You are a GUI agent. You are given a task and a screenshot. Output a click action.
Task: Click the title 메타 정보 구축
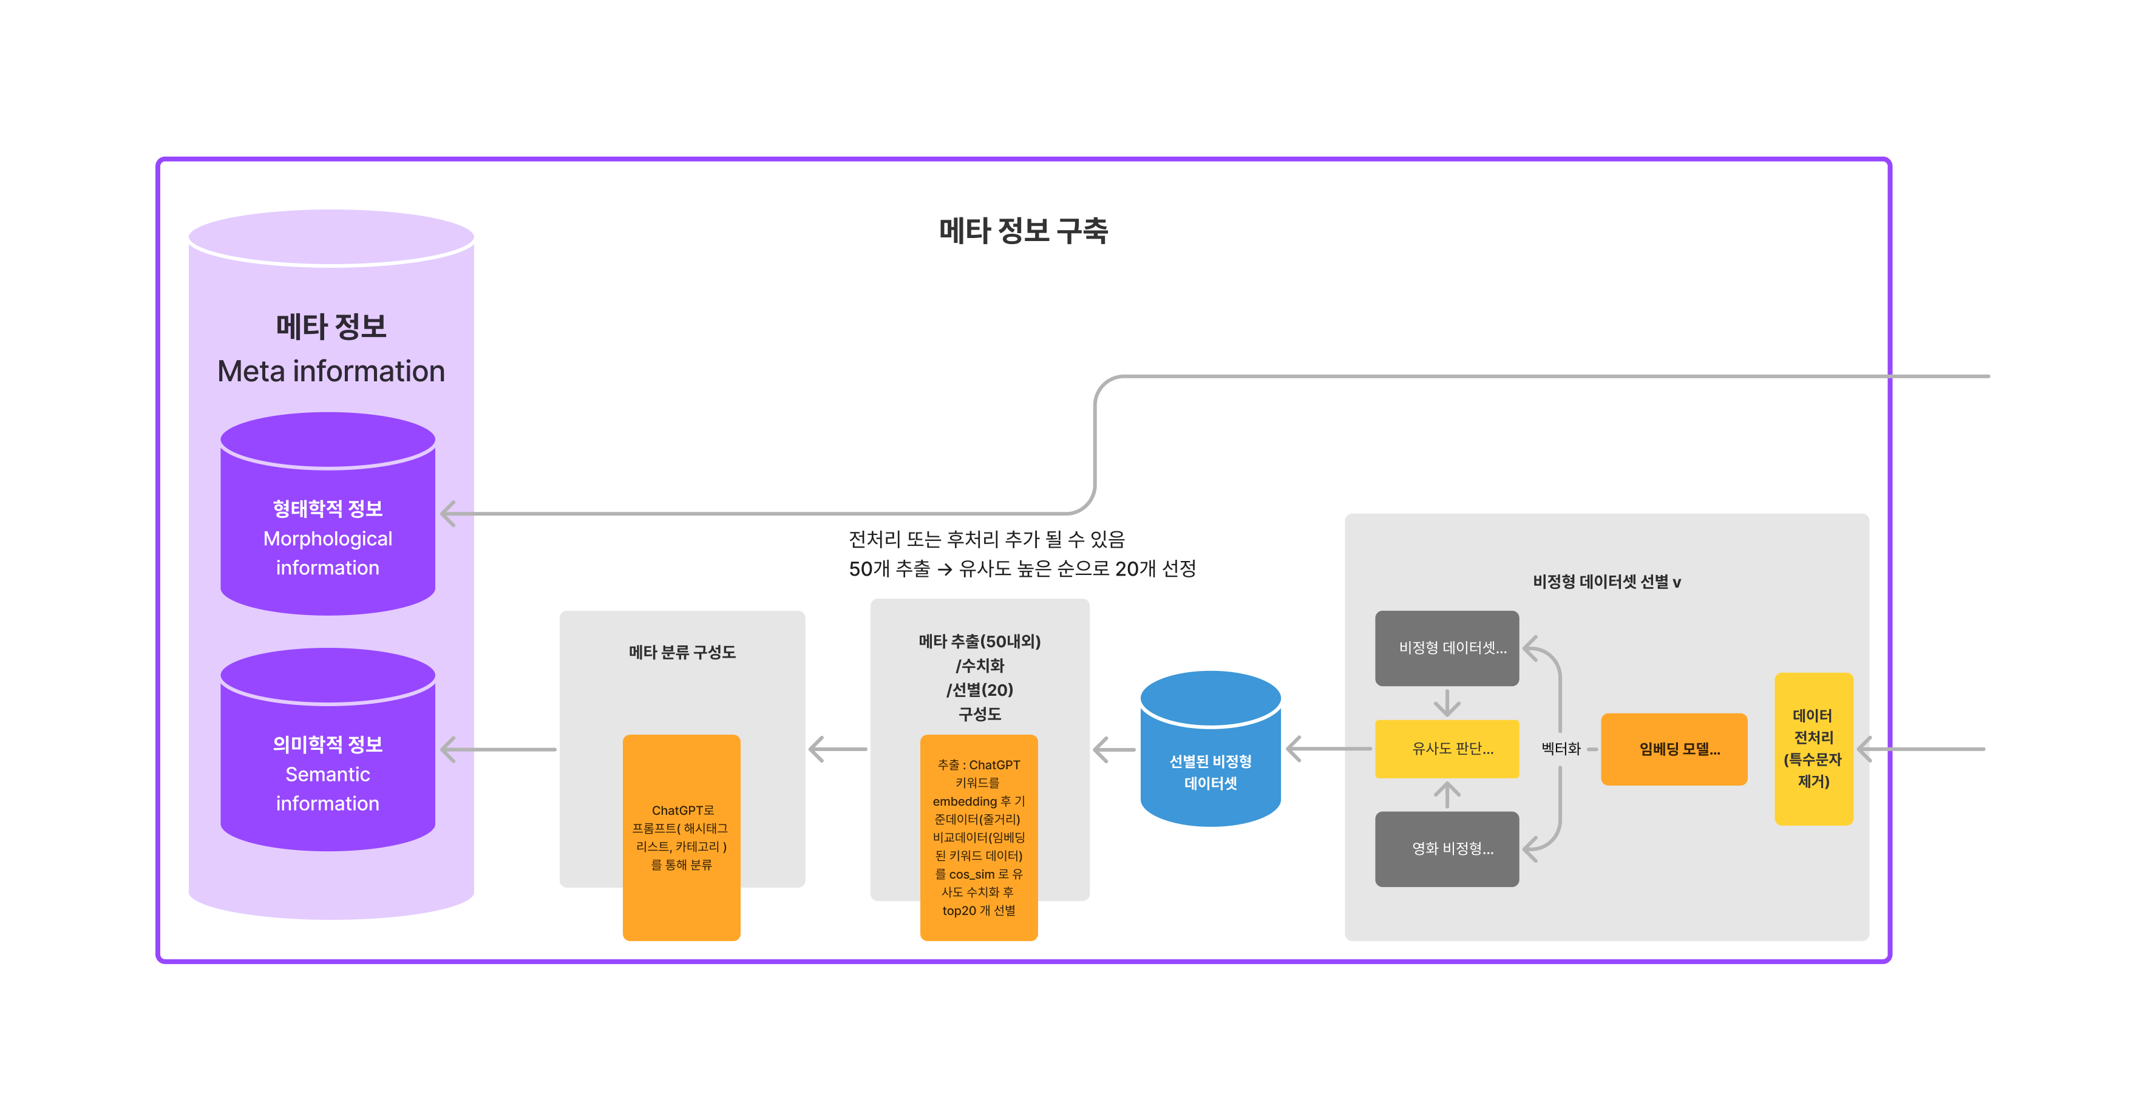point(1023,231)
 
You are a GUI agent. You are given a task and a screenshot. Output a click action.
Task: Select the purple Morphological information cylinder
point(327,525)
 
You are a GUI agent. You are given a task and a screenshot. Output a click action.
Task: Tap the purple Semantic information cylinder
point(327,763)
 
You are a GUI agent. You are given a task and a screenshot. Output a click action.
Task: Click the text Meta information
point(331,372)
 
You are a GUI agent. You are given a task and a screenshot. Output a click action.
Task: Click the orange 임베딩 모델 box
point(1674,749)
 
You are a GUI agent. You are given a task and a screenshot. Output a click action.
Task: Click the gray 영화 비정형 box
point(1447,849)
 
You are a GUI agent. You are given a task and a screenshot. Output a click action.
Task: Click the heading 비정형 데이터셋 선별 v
point(1606,582)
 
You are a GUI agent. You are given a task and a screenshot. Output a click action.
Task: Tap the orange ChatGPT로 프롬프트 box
point(682,837)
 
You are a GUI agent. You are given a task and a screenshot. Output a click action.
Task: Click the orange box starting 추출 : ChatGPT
point(979,837)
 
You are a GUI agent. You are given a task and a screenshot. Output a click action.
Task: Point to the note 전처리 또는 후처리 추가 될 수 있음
point(986,540)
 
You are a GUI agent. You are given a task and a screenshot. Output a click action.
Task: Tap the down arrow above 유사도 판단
point(1447,704)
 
